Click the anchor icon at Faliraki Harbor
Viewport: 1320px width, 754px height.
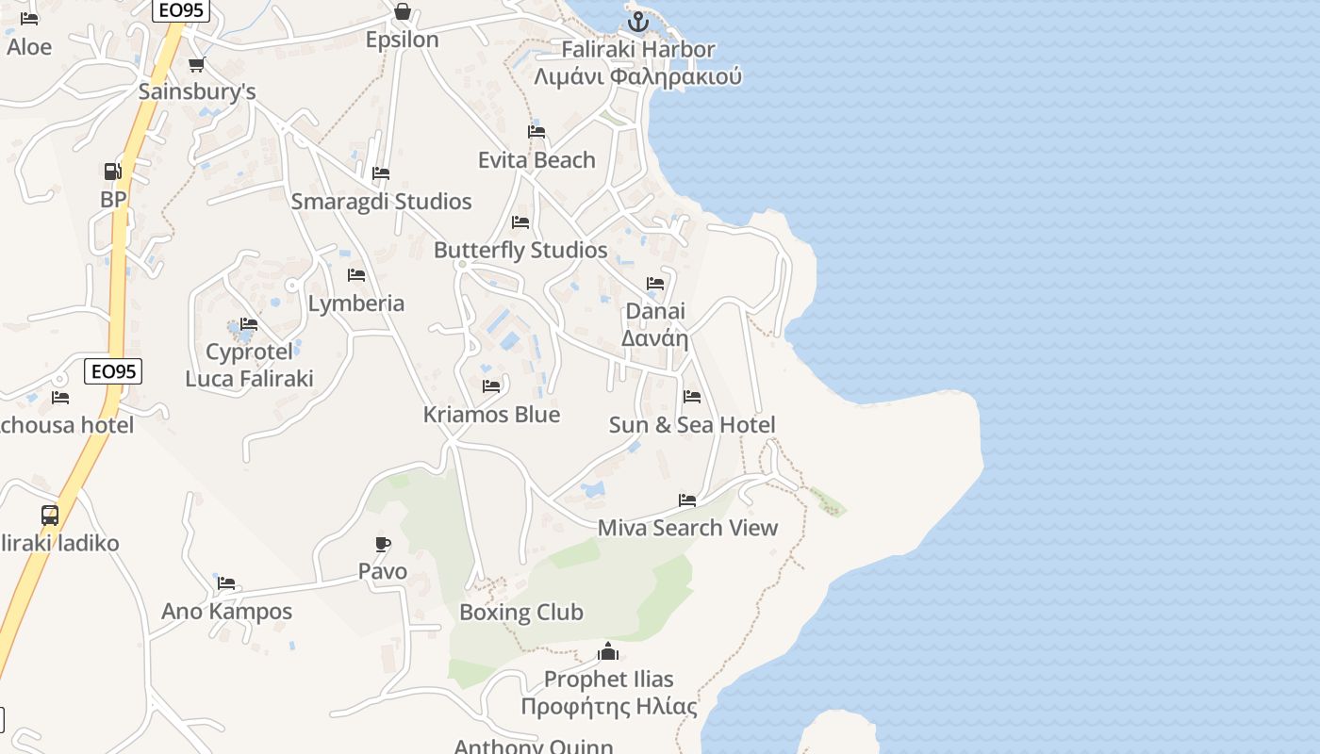pos(639,21)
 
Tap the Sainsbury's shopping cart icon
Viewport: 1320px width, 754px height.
pos(196,65)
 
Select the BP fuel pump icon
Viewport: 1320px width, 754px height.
pos(112,172)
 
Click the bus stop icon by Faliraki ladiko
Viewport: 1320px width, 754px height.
pos(50,516)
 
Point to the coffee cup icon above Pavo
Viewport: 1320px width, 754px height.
pos(382,544)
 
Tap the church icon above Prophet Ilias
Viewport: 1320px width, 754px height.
pos(608,651)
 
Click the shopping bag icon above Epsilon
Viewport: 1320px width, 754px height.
pos(403,11)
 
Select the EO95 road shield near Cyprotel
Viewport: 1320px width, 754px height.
pos(113,371)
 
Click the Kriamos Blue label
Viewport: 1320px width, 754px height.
pos(491,415)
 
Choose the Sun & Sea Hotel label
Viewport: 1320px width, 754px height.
pos(692,425)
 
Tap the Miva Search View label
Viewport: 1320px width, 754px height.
pos(687,528)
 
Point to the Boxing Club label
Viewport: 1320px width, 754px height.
pos(520,613)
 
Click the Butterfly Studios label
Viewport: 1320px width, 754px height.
pos(520,250)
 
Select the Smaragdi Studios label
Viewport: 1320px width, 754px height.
pos(381,202)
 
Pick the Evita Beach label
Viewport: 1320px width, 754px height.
pos(536,160)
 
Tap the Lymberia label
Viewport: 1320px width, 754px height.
pos(356,303)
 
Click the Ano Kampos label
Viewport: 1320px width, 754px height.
pos(226,612)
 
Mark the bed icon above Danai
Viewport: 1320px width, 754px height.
pos(655,283)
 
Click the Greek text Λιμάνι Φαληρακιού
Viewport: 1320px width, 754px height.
pos(637,77)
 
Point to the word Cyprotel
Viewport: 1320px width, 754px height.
pos(249,352)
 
